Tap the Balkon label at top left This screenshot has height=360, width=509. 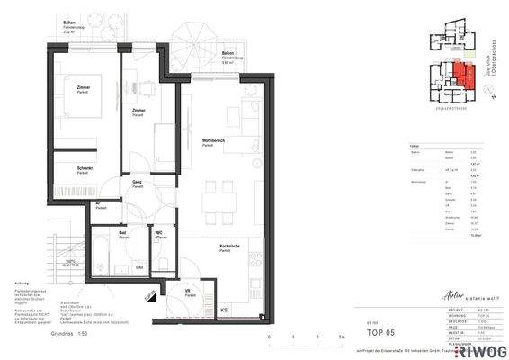(68, 22)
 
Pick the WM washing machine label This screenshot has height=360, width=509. (139, 267)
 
